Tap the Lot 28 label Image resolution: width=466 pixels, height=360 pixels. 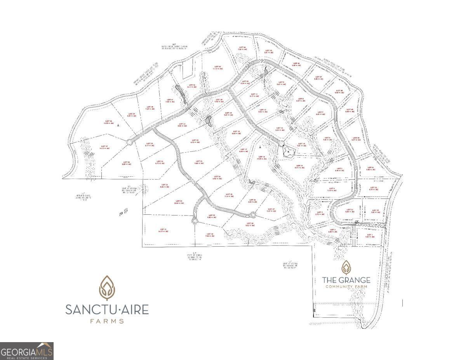(x=249, y=224)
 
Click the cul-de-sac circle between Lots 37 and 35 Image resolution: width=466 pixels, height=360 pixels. (x=129, y=142)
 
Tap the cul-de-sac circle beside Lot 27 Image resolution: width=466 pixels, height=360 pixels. (x=253, y=214)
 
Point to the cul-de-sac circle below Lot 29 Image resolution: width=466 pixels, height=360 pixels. (x=194, y=221)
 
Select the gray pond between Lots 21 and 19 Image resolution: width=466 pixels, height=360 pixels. (x=209, y=122)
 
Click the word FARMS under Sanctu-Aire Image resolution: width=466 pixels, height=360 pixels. (x=107, y=321)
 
